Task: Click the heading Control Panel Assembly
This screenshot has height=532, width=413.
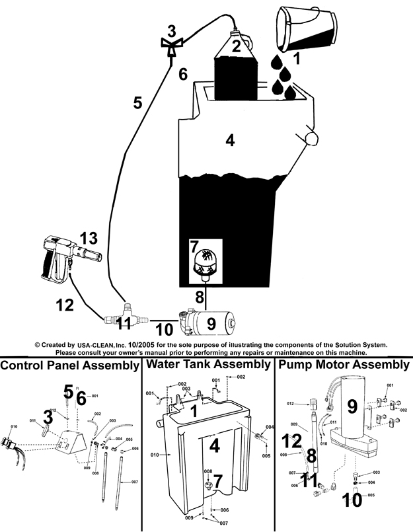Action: click(x=69, y=365)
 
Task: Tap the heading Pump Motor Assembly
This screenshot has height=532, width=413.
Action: click(x=344, y=365)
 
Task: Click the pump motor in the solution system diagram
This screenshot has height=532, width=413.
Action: click(x=210, y=323)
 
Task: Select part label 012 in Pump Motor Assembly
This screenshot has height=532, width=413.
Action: click(x=290, y=402)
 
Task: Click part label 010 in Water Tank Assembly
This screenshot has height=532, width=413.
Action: click(x=154, y=455)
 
